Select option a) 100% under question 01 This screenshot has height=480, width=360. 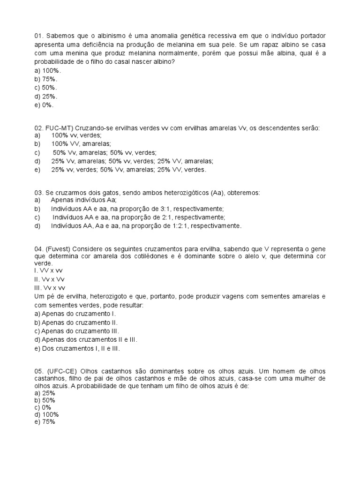click(x=48, y=71)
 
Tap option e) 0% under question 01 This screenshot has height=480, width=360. click(x=44, y=105)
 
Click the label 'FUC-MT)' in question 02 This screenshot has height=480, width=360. click(x=59, y=128)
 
